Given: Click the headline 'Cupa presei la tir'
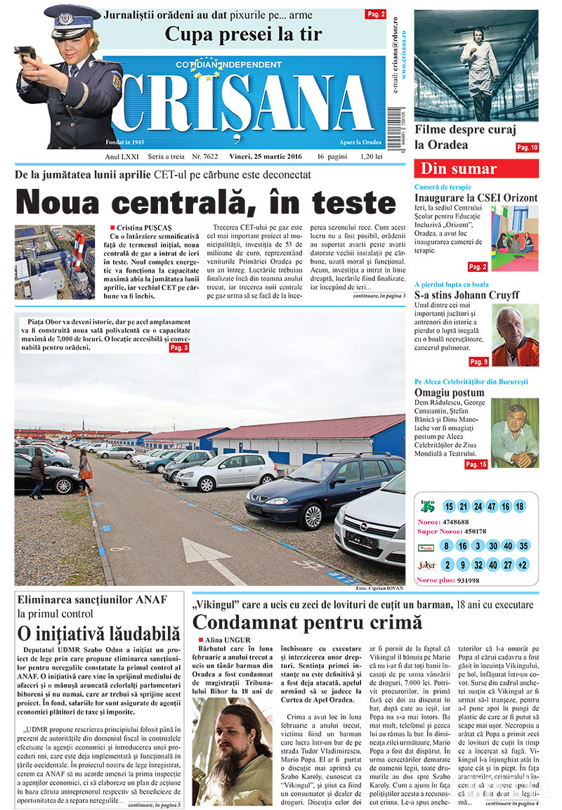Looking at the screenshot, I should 243,33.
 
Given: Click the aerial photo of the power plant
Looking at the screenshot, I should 55,261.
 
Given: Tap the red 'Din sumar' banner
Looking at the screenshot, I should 478,169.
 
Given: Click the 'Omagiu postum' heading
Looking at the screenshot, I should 450,392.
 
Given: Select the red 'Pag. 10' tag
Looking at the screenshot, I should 527,148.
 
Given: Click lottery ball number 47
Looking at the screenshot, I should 491,507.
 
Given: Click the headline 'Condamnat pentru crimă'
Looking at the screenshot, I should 307,622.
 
